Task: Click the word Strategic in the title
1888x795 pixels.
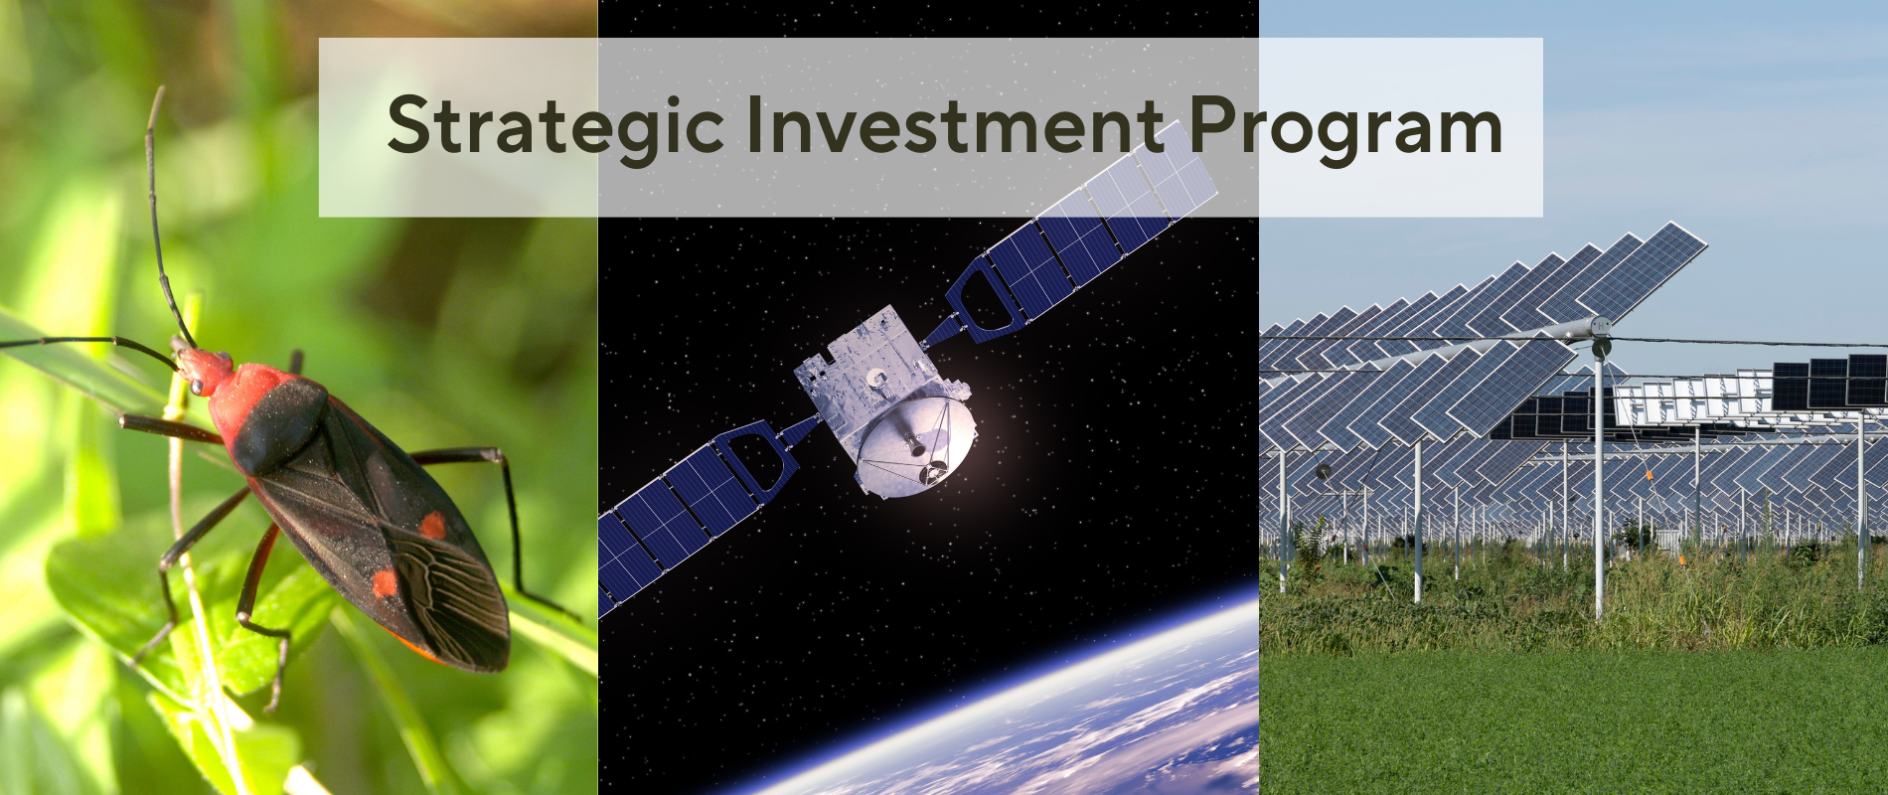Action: (555, 127)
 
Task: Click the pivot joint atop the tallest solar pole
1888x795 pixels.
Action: (1600, 327)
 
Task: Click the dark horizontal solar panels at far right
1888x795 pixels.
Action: (1829, 381)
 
